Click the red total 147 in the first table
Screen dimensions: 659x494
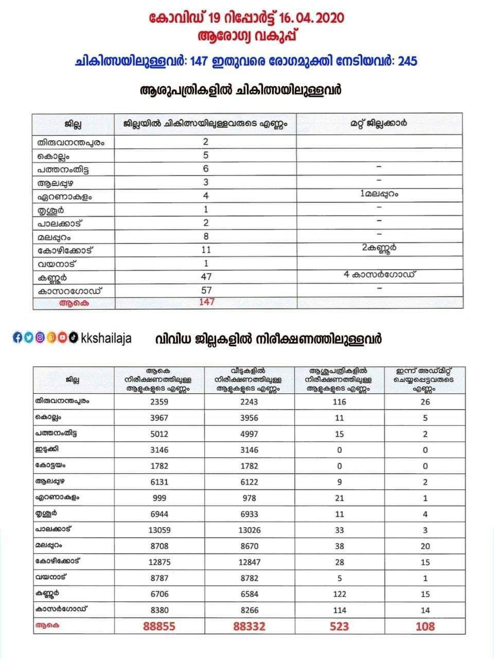(206, 302)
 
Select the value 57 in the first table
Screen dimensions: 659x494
(206, 290)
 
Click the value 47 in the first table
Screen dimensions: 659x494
(206, 276)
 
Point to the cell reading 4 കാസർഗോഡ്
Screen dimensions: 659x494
(379, 274)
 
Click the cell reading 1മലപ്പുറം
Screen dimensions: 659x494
(379, 194)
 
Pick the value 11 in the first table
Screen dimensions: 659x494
(206, 250)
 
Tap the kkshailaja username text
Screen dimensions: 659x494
(107, 338)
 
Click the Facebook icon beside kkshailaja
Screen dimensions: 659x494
(16, 338)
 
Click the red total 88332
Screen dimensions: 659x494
(250, 626)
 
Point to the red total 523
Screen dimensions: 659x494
(340, 626)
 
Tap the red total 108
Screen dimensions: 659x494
(425, 626)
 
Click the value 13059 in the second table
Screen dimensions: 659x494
(159, 530)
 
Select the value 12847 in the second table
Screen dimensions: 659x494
(250, 562)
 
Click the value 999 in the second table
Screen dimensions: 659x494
(159, 498)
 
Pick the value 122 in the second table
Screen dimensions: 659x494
(340, 594)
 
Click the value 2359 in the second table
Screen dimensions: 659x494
(159, 402)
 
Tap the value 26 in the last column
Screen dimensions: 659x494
(425, 402)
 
